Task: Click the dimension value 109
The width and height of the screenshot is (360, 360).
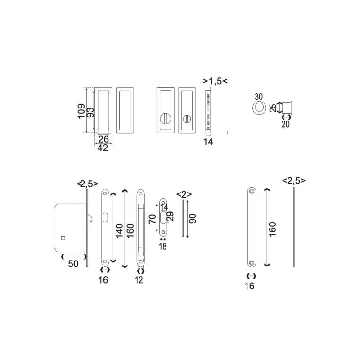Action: pos(81,111)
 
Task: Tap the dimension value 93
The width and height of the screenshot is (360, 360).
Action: pos(91,112)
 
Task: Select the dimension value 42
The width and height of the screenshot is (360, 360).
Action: pos(103,148)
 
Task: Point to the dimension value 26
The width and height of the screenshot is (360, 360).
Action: pos(103,139)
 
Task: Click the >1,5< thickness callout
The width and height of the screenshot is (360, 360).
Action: pos(215,81)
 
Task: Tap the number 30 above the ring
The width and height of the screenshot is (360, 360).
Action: pos(258,97)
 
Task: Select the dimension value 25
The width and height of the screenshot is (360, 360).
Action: pos(273,108)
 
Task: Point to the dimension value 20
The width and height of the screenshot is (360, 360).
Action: pos(285,125)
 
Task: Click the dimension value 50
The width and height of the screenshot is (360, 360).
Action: pos(73,264)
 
